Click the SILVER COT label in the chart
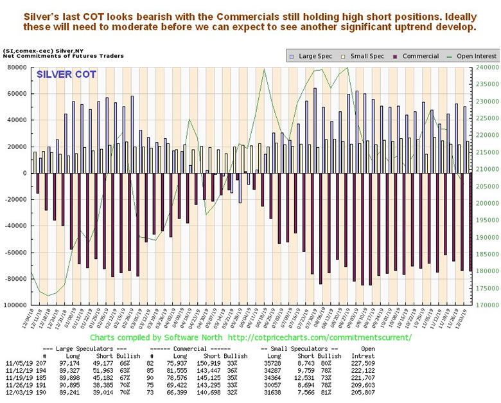pos(67,74)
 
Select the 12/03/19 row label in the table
pos(20,391)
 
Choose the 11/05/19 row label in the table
pos(20,363)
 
